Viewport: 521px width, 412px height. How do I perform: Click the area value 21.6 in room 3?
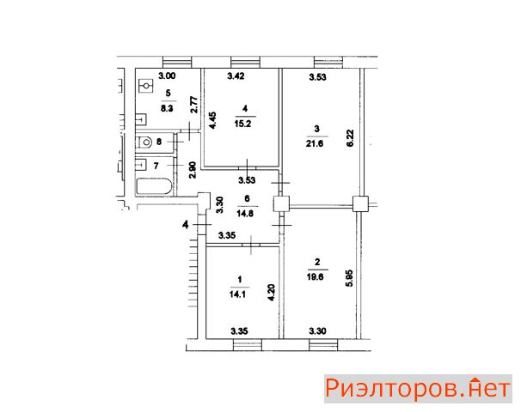click(315, 143)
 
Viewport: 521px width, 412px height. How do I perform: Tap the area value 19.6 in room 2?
click(315, 276)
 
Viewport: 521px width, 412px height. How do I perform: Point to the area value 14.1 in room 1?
click(237, 294)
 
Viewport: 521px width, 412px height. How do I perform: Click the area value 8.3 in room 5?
click(167, 108)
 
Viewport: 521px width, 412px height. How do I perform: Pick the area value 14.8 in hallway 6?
click(245, 214)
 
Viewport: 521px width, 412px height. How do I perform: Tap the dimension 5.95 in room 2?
click(349, 278)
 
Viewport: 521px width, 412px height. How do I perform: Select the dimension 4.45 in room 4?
click(212, 120)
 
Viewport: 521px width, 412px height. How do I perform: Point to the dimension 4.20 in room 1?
click(271, 292)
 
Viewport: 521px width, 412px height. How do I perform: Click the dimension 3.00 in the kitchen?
click(167, 76)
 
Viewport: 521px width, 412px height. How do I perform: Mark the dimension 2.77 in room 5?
click(194, 105)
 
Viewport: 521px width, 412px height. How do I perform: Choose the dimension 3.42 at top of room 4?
click(236, 76)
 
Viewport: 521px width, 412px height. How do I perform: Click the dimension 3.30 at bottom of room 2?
click(317, 330)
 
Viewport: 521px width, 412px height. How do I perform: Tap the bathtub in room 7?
click(154, 187)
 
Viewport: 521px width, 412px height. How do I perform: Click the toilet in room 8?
click(144, 142)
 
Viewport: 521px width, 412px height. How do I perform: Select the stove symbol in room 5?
click(145, 86)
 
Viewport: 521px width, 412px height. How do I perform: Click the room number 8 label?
click(159, 142)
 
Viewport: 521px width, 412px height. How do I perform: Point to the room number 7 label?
click(156, 166)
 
